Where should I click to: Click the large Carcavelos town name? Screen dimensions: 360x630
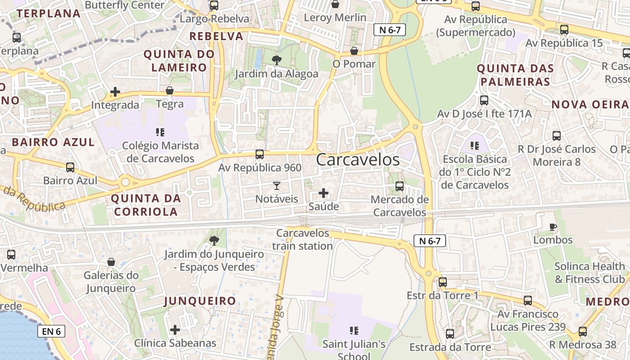[358, 160]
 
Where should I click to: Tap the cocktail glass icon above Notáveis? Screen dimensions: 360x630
[277, 186]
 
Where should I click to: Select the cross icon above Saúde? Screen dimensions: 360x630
[324, 193]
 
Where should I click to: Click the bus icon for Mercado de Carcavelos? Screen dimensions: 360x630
[399, 186]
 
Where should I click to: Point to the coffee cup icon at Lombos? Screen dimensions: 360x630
[553, 227]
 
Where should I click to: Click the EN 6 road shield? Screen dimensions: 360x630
[51, 332]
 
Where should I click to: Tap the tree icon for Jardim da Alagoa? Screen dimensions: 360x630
[277, 60]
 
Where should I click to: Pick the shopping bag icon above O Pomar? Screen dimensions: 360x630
[354, 50]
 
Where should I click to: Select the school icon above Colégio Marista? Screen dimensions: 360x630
[160, 132]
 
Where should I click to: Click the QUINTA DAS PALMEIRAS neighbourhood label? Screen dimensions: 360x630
[515, 75]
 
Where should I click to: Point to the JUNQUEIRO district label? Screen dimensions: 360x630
[200, 301]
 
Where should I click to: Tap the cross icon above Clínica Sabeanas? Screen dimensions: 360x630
[175, 330]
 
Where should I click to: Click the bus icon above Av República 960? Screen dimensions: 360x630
[259, 154]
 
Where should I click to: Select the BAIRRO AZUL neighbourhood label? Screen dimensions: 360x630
[53, 142]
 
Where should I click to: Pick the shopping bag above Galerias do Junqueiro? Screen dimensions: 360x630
[111, 262]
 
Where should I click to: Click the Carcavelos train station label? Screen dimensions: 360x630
[302, 240]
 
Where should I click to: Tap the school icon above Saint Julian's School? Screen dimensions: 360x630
[354, 331]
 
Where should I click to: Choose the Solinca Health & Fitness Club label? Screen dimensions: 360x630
[589, 273]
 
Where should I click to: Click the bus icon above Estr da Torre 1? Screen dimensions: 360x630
[443, 282]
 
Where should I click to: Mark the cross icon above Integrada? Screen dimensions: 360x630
[115, 92]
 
